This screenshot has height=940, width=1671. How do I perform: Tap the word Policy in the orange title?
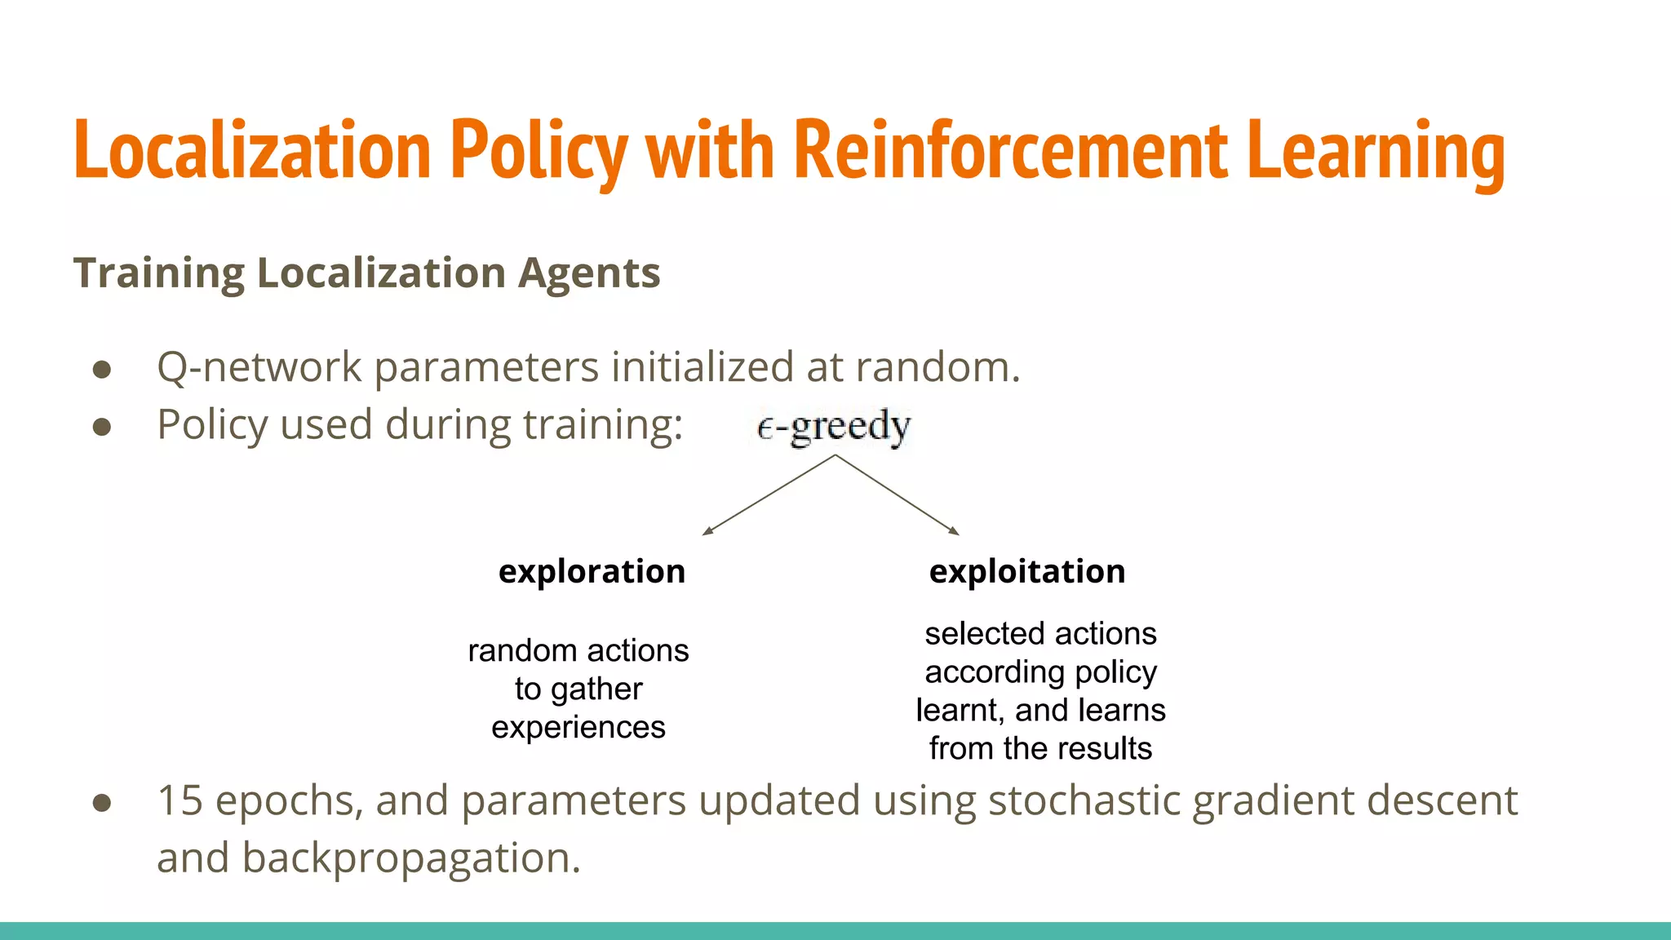pos(539,151)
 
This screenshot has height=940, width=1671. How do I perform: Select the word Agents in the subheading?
pos(589,273)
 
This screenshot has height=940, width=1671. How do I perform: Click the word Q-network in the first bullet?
pos(259,367)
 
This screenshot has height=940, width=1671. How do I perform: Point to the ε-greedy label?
pos(834,426)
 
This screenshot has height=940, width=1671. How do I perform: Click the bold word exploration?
pos(592,571)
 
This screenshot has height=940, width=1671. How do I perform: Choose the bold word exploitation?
pos(1027,571)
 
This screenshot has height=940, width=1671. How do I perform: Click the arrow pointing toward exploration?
pos(767,495)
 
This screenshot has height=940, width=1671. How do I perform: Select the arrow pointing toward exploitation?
pos(898,495)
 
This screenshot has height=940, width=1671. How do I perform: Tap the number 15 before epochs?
pos(180,800)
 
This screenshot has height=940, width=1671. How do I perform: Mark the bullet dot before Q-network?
pos(102,370)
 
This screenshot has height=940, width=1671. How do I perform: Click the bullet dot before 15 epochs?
pos(102,803)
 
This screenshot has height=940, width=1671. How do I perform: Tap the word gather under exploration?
pos(596,689)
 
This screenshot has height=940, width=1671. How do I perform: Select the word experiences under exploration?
pos(578,727)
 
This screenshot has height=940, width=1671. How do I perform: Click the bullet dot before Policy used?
pos(102,427)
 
